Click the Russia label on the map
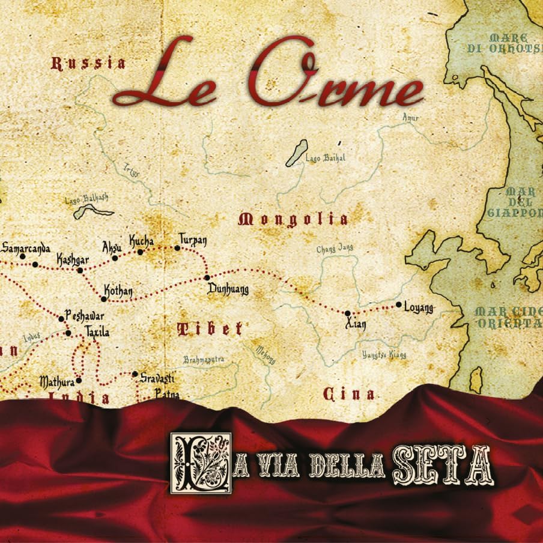[88, 63]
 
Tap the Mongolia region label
[293, 219]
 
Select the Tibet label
[210, 329]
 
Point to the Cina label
[349, 394]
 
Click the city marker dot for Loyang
[398, 305]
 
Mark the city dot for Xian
[347, 313]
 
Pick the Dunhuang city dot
[207, 278]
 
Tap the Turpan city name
[192, 240]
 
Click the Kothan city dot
[104, 299]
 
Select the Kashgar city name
[72, 259]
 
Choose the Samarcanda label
[26, 247]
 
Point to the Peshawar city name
[85, 316]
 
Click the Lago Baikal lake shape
[297, 153]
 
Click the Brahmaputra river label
[204, 360]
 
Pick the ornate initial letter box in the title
[201, 463]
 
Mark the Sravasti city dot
[135, 374]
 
